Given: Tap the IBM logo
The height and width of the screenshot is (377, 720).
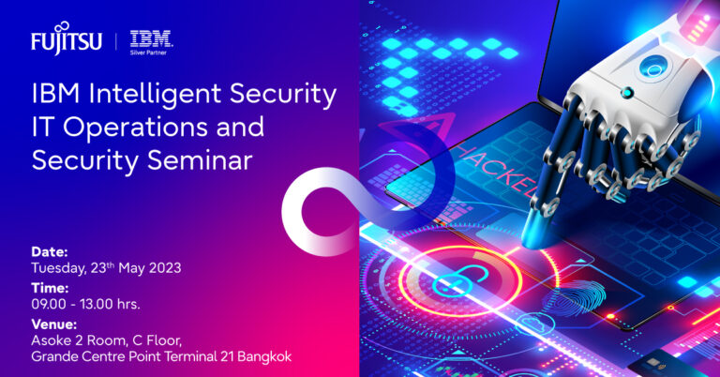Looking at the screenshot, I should [150, 38].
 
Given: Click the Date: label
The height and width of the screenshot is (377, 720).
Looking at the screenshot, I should [50, 252].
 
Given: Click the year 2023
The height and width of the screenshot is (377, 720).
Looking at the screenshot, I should [161, 268].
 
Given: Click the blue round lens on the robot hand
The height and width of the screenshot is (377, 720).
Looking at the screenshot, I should [652, 68].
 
